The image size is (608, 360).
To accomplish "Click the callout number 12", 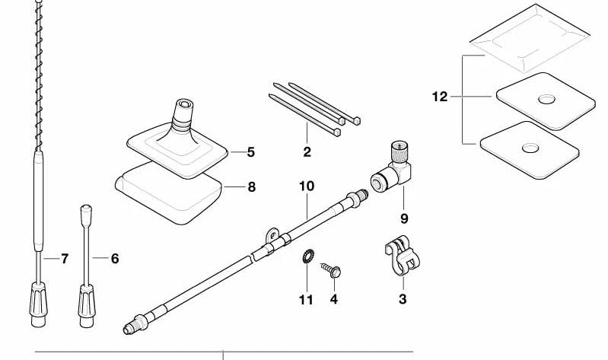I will point(439,97).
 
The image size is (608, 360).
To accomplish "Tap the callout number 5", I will point(251,152).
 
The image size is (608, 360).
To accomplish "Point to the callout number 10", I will point(306,186).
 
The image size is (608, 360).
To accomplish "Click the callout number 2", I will point(307,152).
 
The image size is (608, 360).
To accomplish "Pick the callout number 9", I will point(404,218).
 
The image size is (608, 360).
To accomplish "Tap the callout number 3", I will point(403,299).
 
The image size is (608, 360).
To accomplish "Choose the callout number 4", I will point(333,299).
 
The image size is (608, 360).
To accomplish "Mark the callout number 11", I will point(305,299).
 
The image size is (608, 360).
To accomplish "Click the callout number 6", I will point(115,259).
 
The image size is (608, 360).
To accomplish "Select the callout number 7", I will point(65,259).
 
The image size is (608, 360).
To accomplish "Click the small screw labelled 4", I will point(333,269).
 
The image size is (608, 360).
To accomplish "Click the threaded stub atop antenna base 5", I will point(184,105).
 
